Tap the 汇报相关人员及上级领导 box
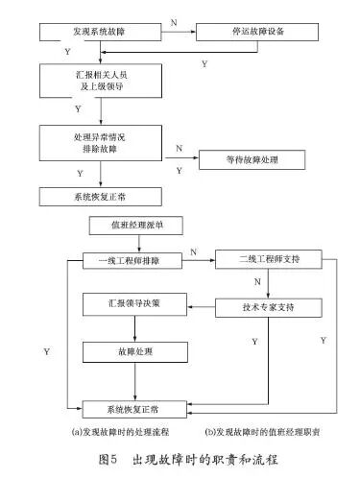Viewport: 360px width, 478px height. coord(103,80)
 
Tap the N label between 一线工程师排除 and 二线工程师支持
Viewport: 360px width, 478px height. coord(194,251)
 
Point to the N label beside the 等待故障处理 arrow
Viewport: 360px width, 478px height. coord(180,150)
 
